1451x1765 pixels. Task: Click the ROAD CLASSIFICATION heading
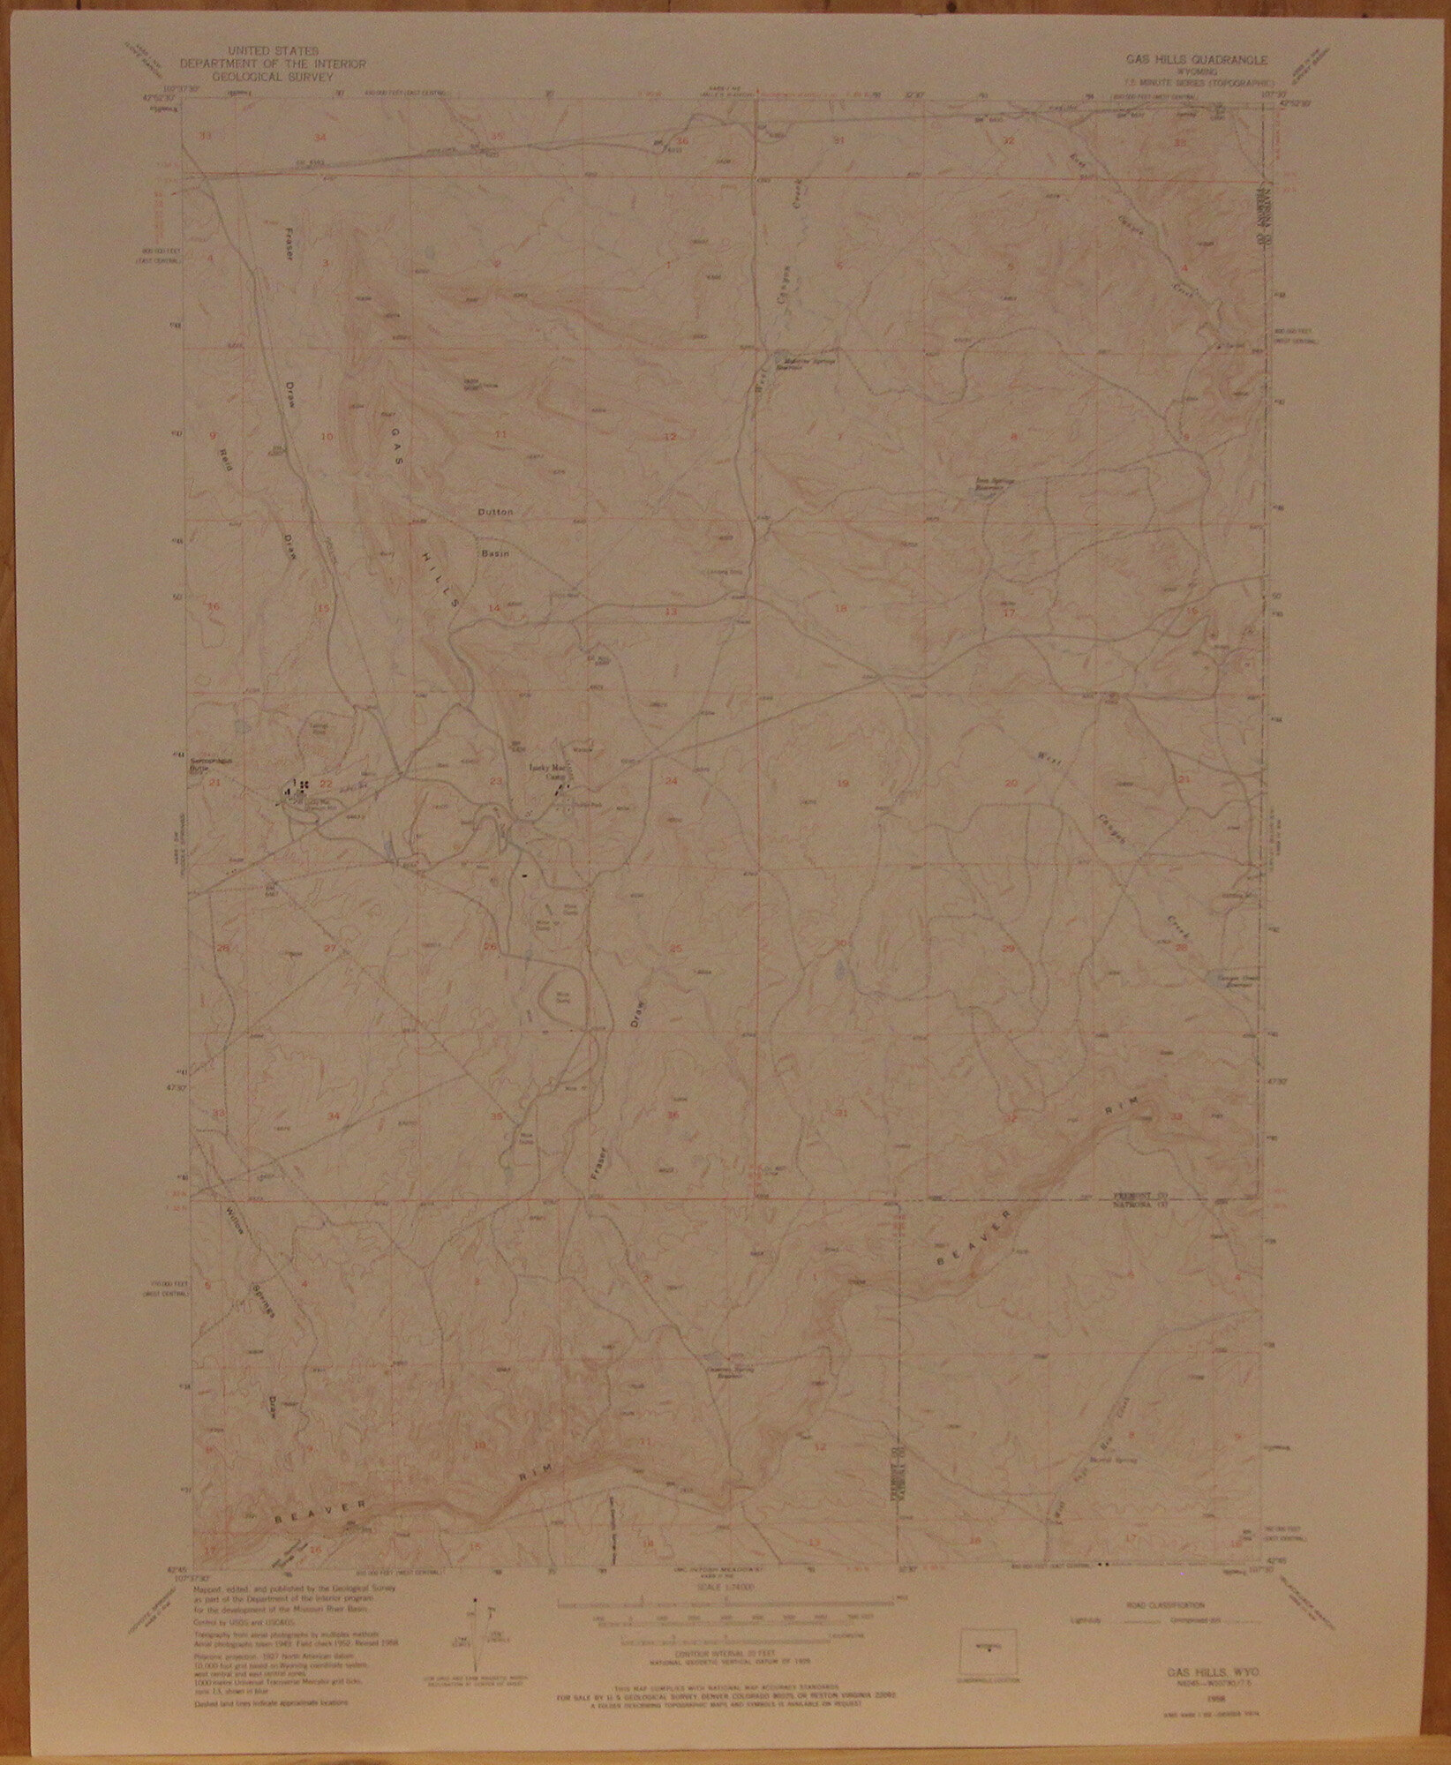click(x=1156, y=1601)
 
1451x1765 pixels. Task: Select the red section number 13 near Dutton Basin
click(x=671, y=611)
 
